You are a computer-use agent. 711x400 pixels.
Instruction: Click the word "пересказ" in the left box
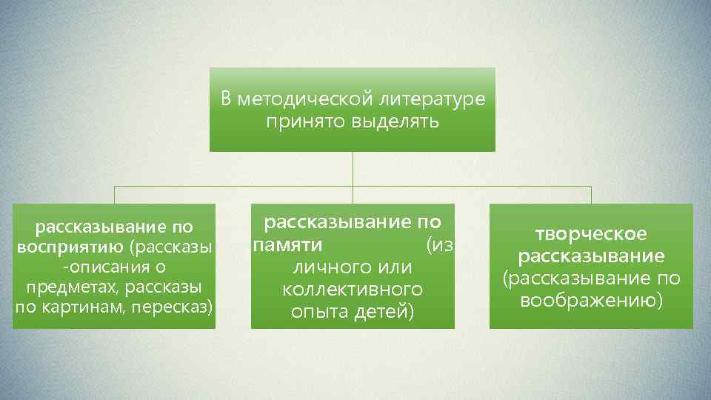[177, 304]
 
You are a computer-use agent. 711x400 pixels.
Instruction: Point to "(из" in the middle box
[439, 244]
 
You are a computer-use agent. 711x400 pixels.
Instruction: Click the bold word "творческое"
[590, 234]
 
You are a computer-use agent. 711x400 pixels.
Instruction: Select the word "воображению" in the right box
[590, 301]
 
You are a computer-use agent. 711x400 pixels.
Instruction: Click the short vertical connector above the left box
[114, 195]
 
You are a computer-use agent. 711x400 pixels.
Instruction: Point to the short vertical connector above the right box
[591, 195]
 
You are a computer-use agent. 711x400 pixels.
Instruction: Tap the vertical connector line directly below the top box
[353, 168]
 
